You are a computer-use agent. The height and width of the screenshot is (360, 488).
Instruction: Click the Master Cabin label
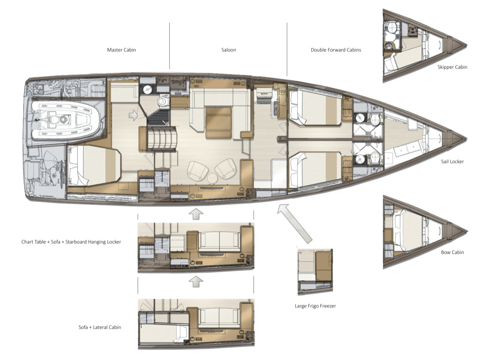(121, 50)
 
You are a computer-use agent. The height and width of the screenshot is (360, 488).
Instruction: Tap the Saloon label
(229, 50)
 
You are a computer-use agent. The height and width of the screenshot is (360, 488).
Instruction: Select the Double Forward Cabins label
(336, 50)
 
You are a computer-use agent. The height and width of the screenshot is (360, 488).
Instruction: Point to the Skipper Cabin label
(452, 67)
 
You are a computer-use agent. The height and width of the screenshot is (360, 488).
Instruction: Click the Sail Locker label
(452, 161)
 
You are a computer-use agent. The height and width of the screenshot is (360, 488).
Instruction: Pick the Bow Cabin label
(452, 252)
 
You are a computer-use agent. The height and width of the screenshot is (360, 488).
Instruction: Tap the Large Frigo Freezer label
(315, 306)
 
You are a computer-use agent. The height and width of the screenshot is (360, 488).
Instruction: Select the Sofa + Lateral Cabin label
(100, 327)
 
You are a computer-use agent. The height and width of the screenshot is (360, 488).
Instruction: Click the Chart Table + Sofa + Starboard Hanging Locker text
(71, 242)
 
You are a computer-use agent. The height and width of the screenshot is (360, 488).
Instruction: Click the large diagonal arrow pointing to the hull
(294, 224)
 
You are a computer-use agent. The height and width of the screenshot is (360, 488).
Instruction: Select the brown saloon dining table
(218, 123)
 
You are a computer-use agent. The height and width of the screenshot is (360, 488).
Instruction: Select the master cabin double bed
(94, 166)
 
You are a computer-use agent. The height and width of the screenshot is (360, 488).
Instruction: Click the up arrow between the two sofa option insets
(196, 281)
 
